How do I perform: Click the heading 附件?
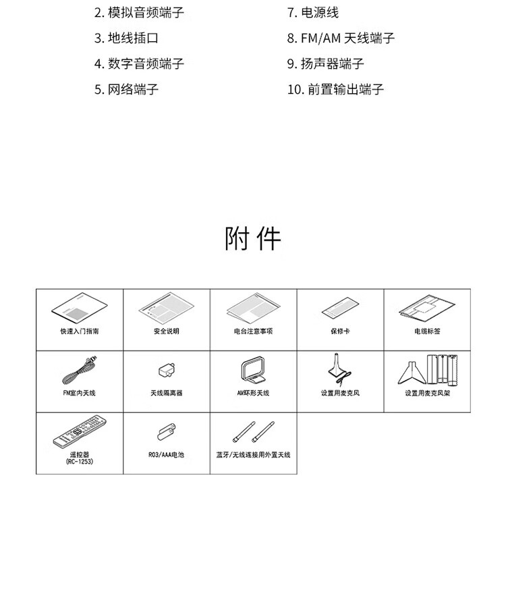(x=252, y=239)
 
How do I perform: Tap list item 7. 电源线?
(x=313, y=13)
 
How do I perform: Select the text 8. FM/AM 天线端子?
(x=341, y=38)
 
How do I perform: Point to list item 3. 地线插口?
(x=126, y=38)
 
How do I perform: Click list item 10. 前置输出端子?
(x=335, y=90)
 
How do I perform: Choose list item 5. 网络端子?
(x=126, y=90)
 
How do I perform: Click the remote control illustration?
(x=80, y=431)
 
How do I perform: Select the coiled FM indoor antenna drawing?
(x=80, y=371)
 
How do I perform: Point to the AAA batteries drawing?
(x=167, y=432)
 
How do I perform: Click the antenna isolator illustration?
(x=167, y=370)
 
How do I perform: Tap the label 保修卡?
(x=341, y=331)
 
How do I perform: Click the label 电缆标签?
(x=427, y=331)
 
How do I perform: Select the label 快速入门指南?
(x=80, y=331)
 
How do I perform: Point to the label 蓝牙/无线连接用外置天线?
(x=254, y=455)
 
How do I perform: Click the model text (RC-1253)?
(x=80, y=462)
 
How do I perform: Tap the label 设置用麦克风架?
(x=427, y=393)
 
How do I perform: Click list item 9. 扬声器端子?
(x=326, y=63)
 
